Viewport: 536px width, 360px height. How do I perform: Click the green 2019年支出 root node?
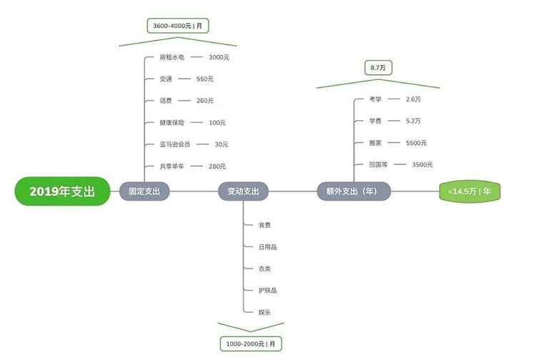tap(62, 191)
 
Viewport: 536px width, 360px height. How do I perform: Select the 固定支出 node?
tap(144, 191)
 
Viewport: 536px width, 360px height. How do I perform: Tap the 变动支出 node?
tap(243, 191)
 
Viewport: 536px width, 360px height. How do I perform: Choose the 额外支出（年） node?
tap(354, 191)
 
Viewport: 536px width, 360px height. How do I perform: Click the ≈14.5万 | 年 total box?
tap(470, 191)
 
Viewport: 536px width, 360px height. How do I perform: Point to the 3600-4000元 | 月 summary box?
tap(178, 26)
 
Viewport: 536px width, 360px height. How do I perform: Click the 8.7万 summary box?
tap(378, 68)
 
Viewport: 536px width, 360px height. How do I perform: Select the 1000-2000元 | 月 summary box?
tap(251, 344)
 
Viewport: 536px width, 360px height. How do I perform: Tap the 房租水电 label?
tap(172, 57)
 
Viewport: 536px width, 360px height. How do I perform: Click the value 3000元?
tap(219, 57)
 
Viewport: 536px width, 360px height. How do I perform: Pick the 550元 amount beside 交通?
tap(205, 79)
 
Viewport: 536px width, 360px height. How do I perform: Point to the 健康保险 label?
tap(172, 122)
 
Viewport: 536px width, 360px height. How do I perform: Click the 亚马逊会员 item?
tap(174, 144)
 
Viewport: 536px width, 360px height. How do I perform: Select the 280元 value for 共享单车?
tap(217, 166)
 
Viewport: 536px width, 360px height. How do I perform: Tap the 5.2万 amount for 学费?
tap(413, 121)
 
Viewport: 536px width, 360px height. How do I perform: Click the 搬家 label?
tap(375, 143)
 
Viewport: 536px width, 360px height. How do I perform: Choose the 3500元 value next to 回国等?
tap(422, 164)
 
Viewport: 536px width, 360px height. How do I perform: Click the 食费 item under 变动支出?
tap(264, 225)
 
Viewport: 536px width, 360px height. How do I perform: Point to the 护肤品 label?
tap(268, 290)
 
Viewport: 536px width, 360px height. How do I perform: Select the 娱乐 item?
tap(264, 312)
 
